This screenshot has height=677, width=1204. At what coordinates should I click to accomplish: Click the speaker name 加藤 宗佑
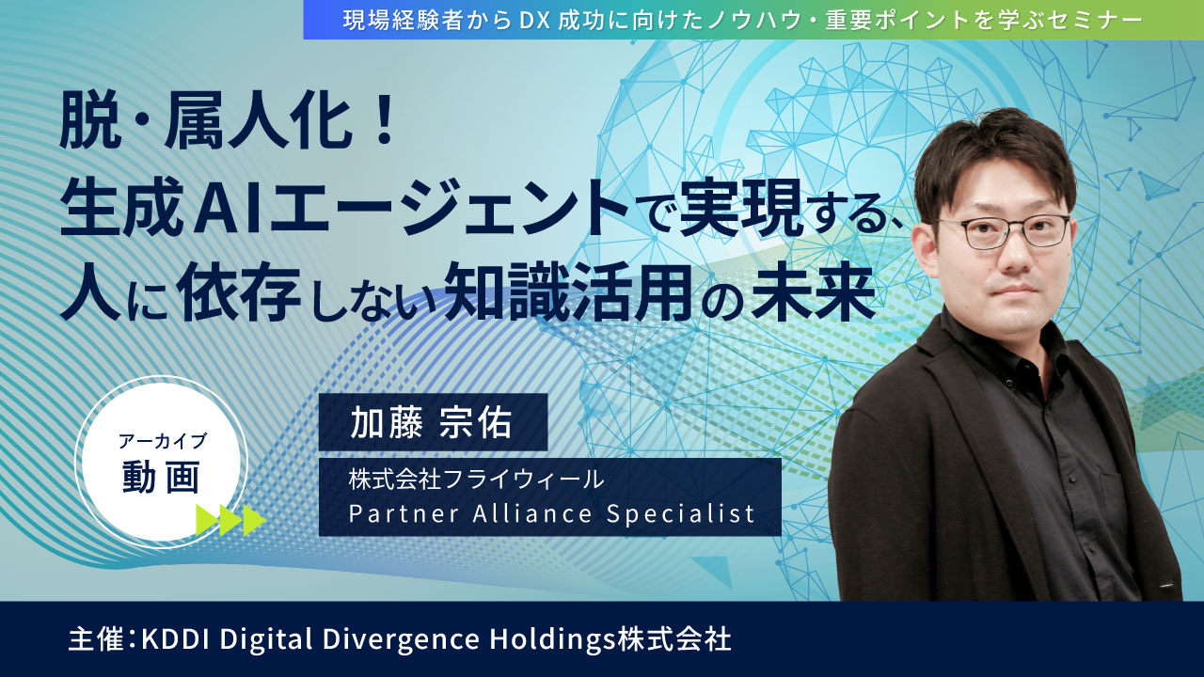pos(431,422)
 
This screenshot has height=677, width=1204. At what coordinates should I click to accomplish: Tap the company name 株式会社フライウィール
pos(476,480)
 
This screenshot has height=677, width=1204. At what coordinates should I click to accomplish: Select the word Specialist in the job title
pos(681,513)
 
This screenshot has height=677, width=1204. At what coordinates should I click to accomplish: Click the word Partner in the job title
pos(404,513)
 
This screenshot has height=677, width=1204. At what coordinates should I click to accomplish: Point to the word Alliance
pos(533,513)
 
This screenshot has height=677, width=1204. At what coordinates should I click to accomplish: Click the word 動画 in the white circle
pos(161,477)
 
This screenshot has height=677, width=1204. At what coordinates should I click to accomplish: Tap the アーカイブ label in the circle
pos(163,441)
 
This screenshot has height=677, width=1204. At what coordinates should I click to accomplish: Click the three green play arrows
pos(230,520)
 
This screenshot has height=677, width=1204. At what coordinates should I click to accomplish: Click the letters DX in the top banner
pos(534,21)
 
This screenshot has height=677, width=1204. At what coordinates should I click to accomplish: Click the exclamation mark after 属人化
pos(384,126)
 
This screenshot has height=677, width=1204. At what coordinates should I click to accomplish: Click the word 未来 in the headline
pos(814,291)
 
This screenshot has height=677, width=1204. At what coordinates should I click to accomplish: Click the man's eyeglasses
pos(1003,231)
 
